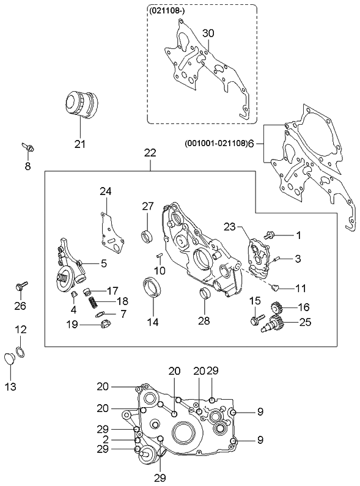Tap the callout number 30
pos(208,32)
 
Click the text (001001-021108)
pos(215,144)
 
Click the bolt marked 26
pos(21,285)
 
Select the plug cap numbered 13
pos(11,359)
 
